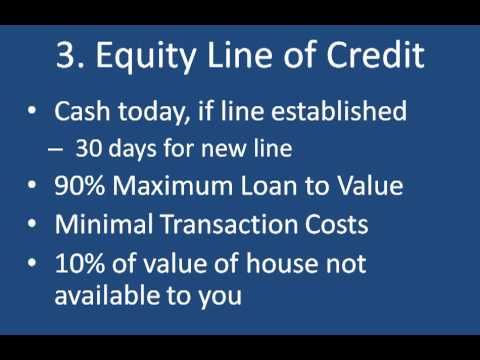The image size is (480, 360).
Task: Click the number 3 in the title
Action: click(x=66, y=55)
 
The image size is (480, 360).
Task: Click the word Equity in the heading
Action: click(x=146, y=57)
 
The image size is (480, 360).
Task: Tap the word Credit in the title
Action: click(x=375, y=55)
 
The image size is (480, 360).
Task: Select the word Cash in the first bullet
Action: click(x=82, y=111)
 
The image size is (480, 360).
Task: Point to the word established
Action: click(x=339, y=110)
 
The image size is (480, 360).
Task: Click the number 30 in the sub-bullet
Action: click(x=89, y=148)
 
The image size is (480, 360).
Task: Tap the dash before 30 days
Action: click(x=55, y=149)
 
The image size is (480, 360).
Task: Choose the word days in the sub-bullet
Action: click(x=132, y=149)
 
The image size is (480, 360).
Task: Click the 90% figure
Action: click(x=80, y=186)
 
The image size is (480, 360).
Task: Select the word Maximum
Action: click(x=173, y=186)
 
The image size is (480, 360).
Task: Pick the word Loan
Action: click(x=269, y=186)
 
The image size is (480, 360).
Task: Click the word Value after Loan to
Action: click(x=370, y=185)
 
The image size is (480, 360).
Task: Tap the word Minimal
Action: click(x=104, y=224)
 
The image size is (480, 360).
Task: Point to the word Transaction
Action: click(x=229, y=224)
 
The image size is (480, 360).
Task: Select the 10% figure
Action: click(x=80, y=263)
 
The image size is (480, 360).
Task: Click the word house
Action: click(x=282, y=263)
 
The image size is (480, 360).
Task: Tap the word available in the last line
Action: click(x=107, y=295)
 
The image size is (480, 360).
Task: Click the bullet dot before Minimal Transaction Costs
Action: click(x=32, y=224)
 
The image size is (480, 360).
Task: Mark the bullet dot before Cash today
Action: click(x=32, y=111)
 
